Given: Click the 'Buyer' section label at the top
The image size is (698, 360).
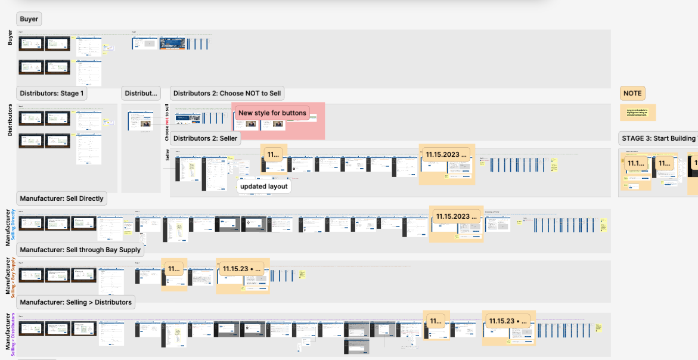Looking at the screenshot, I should tap(29, 19).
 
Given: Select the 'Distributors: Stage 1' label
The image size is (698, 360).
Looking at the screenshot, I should tap(52, 94).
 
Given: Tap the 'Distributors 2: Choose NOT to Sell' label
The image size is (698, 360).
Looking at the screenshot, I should tap(227, 94).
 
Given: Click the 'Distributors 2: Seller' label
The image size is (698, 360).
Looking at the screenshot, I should tap(205, 138).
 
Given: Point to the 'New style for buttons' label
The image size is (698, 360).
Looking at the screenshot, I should tap(272, 113).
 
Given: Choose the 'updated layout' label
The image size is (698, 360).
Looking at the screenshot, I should tap(263, 187).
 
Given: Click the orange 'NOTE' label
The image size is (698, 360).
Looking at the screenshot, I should tap(632, 94).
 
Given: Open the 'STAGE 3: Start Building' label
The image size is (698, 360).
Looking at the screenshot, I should tap(658, 138).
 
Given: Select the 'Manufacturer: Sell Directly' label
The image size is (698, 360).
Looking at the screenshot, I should tap(61, 198).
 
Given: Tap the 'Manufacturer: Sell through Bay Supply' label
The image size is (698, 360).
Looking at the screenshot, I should tap(80, 250).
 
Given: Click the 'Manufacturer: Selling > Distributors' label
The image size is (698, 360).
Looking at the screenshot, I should tap(75, 302).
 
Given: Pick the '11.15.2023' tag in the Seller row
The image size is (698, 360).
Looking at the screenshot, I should tap(447, 154).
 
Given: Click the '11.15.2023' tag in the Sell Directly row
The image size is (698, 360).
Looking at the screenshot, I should tap(457, 216).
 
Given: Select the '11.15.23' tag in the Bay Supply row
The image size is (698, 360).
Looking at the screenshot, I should tap(243, 269).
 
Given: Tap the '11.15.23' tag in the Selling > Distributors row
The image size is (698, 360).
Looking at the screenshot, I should tap(509, 321).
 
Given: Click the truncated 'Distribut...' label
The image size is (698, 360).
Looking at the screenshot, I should tap(141, 94).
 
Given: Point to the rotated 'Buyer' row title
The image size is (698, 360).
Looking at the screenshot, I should tap(10, 38).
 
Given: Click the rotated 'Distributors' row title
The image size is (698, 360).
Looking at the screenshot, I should tap(10, 120).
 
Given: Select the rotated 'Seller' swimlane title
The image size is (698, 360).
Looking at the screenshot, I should tap(167, 156).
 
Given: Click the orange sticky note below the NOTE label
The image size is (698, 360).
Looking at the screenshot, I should tap(637, 112).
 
